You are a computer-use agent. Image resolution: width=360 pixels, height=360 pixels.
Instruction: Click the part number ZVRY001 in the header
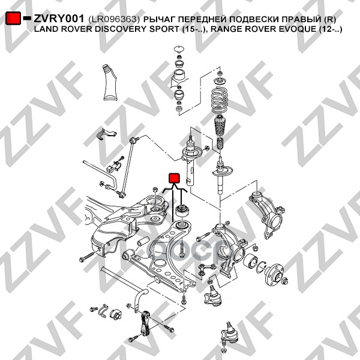coord(59,19)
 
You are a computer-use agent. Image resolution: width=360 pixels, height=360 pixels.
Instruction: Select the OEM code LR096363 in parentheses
coord(114,19)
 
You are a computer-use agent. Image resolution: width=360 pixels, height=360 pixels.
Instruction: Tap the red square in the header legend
coord(13,18)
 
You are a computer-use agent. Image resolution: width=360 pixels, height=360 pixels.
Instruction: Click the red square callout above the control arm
coord(174,178)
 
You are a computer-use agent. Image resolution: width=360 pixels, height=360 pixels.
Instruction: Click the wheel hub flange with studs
coord(275,275)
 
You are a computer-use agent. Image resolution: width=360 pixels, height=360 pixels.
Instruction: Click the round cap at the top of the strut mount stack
coord(178,49)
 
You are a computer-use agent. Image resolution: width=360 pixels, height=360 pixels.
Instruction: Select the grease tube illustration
coord(110,82)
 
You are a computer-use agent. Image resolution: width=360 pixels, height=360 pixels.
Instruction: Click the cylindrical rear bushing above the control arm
coord(182,211)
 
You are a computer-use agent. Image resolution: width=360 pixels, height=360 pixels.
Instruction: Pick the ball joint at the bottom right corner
coord(229,337)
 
